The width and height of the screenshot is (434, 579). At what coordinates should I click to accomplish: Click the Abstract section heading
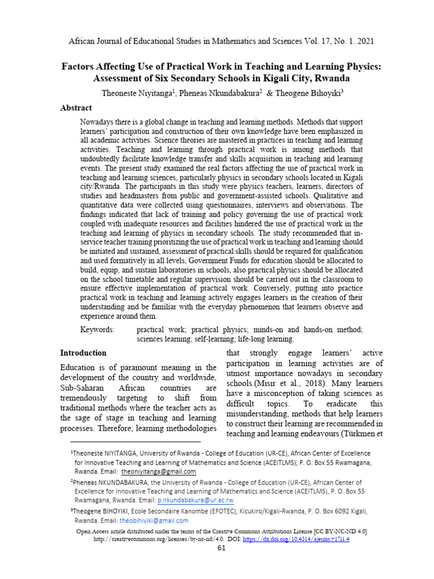click(76, 108)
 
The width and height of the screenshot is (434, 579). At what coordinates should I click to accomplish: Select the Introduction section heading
click(83, 353)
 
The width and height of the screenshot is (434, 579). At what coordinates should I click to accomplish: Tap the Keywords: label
click(97, 329)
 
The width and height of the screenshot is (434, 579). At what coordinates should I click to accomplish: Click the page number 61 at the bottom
click(222, 547)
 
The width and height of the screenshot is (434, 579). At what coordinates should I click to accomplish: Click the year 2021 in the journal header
click(361, 42)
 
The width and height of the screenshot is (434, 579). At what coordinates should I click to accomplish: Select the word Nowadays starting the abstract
click(99, 123)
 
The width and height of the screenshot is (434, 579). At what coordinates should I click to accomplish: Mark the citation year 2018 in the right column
click(313, 383)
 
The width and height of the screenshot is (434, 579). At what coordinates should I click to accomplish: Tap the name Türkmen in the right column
click(355, 434)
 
